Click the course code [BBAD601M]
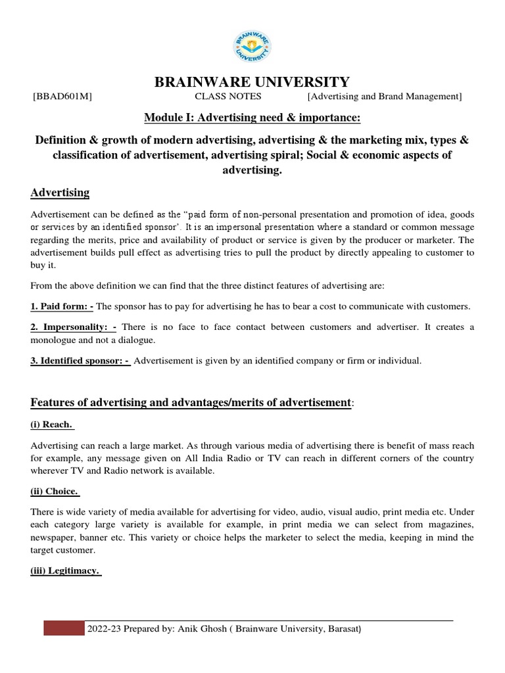(62, 97)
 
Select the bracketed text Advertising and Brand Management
(385, 97)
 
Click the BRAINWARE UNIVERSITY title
(252, 82)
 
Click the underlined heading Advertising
(60, 193)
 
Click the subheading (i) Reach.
(52, 425)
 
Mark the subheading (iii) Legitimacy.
(65, 570)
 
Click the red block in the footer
(64, 628)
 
